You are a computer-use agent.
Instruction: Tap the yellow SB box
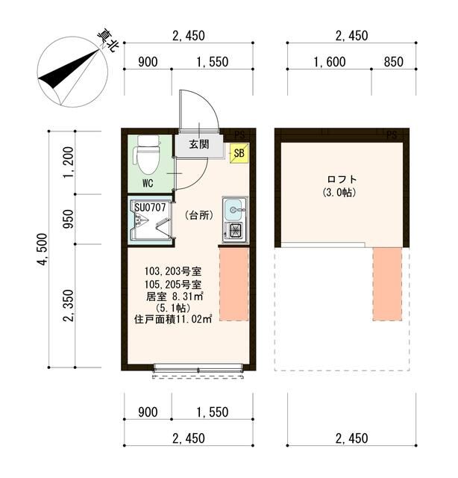(239, 154)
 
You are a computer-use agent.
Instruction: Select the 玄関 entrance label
(198, 144)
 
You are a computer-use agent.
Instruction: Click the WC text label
(148, 182)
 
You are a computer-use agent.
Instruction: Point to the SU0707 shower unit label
(149, 206)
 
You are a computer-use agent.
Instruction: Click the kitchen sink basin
(234, 208)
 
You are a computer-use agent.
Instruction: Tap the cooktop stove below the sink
(235, 231)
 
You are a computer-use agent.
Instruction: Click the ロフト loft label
(342, 179)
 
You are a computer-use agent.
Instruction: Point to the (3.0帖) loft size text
(342, 193)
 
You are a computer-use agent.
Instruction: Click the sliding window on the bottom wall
(198, 368)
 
